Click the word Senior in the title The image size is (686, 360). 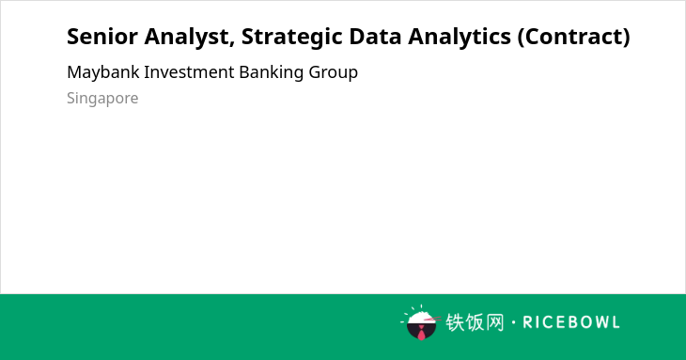[x=101, y=37]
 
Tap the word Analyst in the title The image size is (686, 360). [x=187, y=38]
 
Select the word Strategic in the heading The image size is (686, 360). [x=291, y=38]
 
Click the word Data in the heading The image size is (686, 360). [x=375, y=37]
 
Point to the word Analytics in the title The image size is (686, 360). [x=460, y=38]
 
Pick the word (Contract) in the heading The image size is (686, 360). [x=574, y=38]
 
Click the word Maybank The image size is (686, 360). [x=103, y=72]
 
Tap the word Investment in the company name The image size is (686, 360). [x=189, y=72]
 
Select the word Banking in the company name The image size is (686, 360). [x=272, y=73]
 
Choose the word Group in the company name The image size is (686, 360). [x=333, y=73]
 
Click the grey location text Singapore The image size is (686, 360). [x=102, y=99]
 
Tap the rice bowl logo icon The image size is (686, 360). [x=420, y=322]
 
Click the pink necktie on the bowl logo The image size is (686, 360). [x=421, y=333]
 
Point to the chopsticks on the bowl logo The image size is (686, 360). [x=432, y=319]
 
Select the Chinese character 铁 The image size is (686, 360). [x=455, y=322]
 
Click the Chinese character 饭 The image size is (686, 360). [x=475, y=322]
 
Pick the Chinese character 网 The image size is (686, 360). [x=495, y=322]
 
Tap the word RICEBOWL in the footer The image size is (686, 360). [x=571, y=322]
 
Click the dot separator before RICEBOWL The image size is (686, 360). [x=513, y=322]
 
